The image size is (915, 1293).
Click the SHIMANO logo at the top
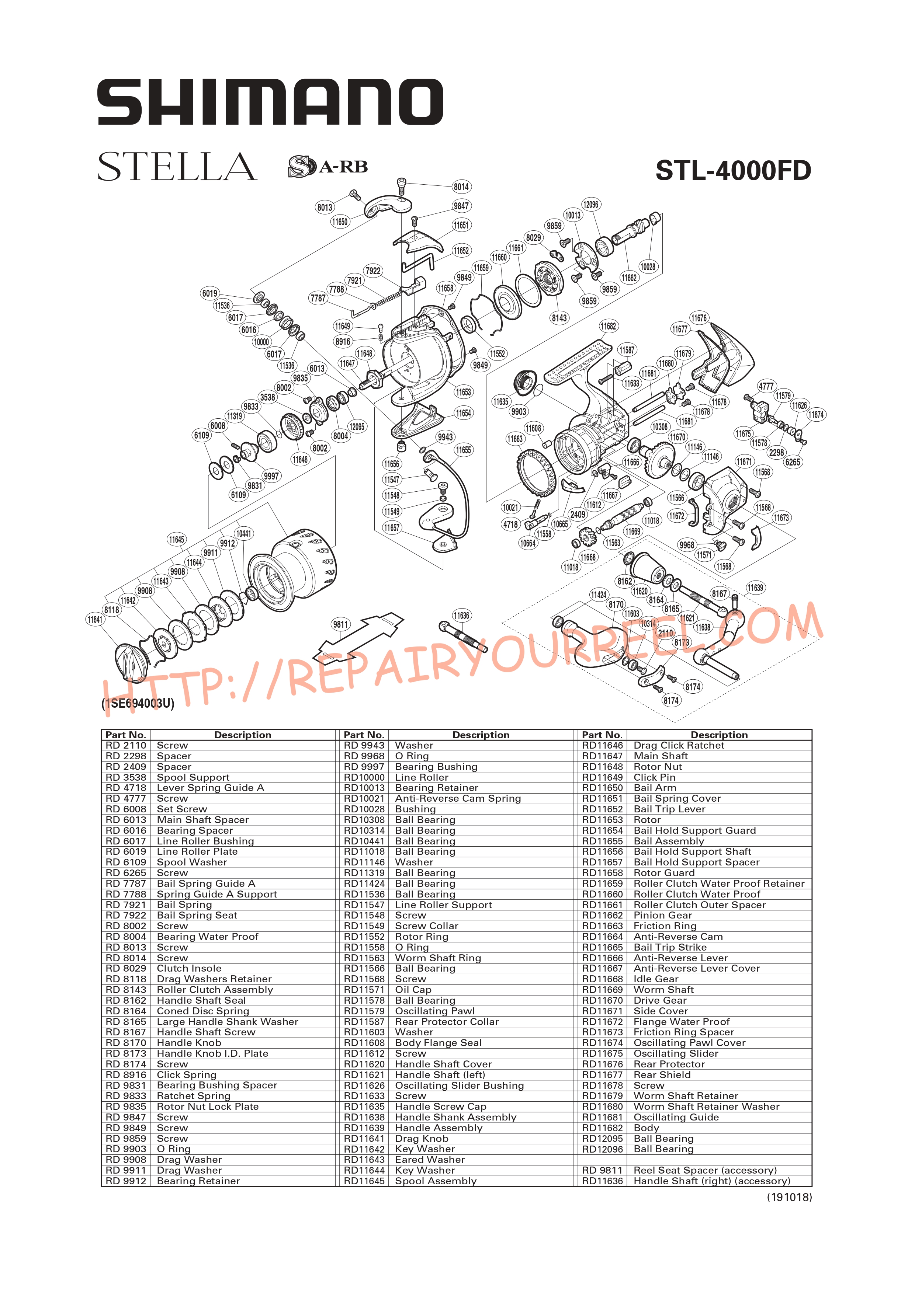pos(270,102)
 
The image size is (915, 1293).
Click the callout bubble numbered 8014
pos(461,187)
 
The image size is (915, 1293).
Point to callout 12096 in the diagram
pos(590,205)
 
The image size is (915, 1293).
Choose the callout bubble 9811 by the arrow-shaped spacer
pos(340,624)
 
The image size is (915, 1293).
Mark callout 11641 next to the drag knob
pos(95,620)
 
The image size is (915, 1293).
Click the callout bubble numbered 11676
pos(699,318)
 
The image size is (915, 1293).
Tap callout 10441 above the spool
pos(244,533)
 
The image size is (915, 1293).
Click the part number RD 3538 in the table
pos(126,777)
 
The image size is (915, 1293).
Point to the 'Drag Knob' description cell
pos(422,1139)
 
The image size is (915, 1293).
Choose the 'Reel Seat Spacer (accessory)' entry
pos(705,1170)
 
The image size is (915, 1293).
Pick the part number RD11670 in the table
pos(602,1000)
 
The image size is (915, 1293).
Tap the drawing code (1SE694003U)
pos(138,703)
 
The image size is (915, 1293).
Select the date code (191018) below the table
pos(789,1197)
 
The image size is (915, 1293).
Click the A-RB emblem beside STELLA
pos(328,167)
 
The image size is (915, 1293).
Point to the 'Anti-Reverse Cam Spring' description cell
pos(457,799)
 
